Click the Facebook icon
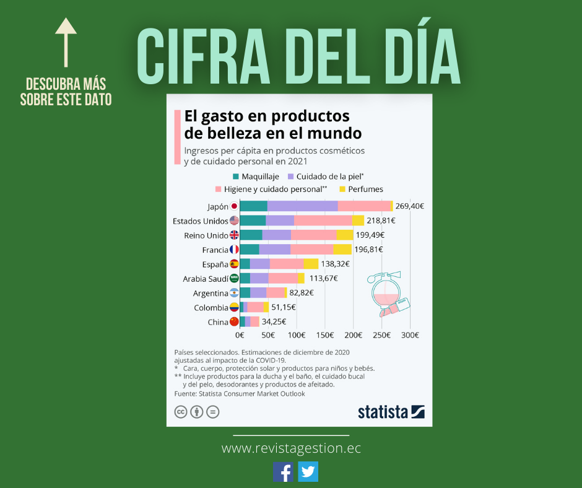(284, 472)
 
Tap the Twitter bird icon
(308, 472)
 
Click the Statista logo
(391, 412)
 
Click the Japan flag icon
(234, 206)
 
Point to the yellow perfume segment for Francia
(342, 249)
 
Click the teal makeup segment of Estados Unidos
(253, 220)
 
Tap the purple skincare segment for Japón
(302, 206)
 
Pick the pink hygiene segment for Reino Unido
(313, 235)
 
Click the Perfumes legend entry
(365, 189)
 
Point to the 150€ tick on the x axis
(324, 335)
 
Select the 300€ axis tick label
(410, 335)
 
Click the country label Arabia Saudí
(206, 279)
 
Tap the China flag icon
(234, 321)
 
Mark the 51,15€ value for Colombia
(284, 307)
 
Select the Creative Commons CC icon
(181, 412)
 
